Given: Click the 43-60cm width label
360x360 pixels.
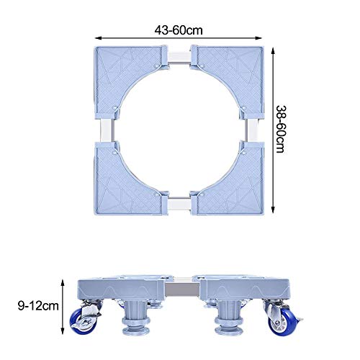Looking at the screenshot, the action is coord(179,30).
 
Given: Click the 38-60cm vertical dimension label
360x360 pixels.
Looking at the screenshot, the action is coord(280,129).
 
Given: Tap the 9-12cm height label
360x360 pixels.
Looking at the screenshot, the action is coord(38,306).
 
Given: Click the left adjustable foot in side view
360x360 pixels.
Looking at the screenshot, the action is coord(136,317).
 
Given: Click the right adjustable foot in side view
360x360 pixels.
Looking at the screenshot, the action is coord(229,317).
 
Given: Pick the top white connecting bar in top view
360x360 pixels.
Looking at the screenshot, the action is coord(179,57).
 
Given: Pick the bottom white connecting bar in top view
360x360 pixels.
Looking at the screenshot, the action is coord(179,205).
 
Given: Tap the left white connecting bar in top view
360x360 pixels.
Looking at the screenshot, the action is coord(107,130).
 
